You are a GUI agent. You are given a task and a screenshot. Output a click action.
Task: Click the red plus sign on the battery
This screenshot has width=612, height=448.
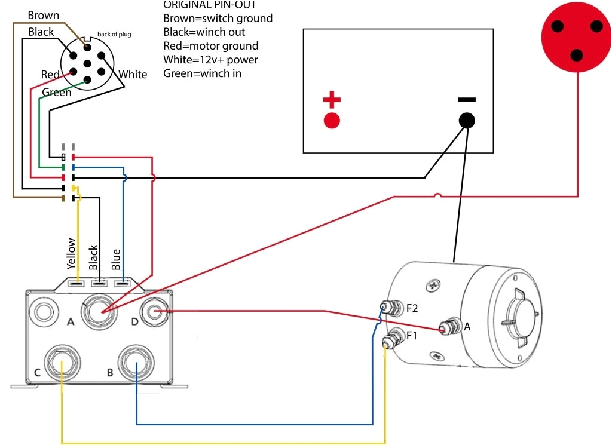[x=332, y=99]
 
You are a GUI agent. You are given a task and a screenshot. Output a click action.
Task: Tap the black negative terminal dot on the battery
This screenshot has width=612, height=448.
[x=467, y=120]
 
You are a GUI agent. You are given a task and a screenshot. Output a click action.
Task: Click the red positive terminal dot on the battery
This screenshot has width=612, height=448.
[x=332, y=120]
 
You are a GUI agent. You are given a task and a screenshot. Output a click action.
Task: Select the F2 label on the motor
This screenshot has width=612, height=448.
[x=412, y=309]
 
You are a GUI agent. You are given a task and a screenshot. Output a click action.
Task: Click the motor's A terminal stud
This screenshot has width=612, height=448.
[x=445, y=327]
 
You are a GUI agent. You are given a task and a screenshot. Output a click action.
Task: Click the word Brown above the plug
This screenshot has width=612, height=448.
[x=43, y=16]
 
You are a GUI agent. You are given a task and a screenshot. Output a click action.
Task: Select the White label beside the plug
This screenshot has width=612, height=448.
[x=133, y=75]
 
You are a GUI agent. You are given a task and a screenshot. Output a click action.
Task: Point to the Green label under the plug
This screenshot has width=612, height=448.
[x=57, y=93]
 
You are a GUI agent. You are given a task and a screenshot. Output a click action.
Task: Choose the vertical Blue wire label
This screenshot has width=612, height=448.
[x=117, y=259]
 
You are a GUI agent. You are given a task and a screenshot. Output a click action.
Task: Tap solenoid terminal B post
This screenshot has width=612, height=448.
[x=137, y=362]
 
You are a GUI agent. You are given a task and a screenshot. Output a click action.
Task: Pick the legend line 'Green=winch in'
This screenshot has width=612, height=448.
[x=202, y=73]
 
